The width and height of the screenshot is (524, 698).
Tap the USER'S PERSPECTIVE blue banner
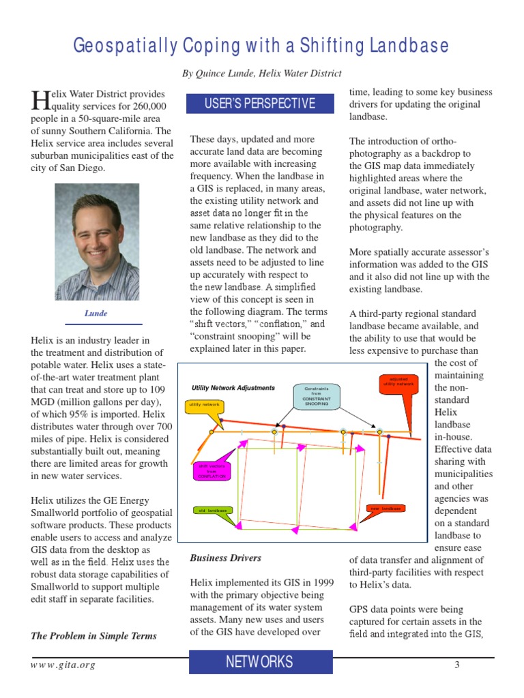[x=260, y=104]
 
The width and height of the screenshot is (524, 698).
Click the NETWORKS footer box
[x=260, y=662]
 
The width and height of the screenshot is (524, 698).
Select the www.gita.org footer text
[x=63, y=665]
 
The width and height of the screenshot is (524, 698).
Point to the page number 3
[x=457, y=665]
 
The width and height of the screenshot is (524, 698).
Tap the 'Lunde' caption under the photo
[x=96, y=314]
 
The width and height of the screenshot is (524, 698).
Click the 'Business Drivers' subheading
[x=225, y=558]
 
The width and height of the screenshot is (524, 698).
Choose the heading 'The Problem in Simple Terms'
[x=93, y=635]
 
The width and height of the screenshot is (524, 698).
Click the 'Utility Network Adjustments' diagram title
[x=233, y=388]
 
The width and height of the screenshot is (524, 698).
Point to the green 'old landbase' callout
[x=212, y=511]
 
